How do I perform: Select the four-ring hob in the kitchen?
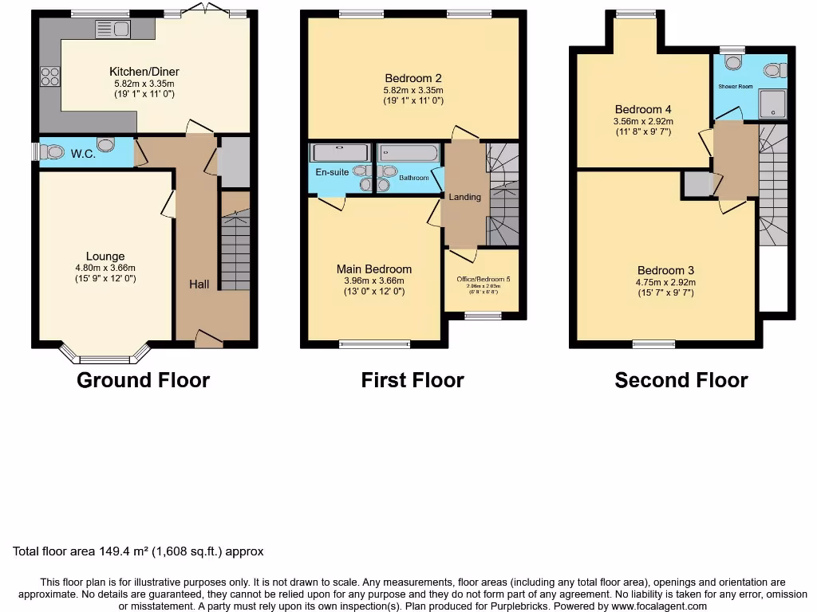tap(49, 76)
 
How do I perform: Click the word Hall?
tap(199, 284)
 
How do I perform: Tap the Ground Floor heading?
tap(143, 381)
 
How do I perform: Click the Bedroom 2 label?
tap(413, 78)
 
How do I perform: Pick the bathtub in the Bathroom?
tap(407, 153)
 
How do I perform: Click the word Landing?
tap(464, 197)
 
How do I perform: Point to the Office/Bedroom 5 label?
tap(483, 279)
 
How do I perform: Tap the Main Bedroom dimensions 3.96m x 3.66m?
tap(373, 280)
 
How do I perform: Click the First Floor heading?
tap(412, 381)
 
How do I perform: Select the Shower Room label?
tap(734, 86)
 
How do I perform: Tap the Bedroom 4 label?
tap(643, 109)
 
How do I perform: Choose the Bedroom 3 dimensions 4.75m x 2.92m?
tap(665, 282)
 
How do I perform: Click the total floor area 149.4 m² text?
tap(138, 551)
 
